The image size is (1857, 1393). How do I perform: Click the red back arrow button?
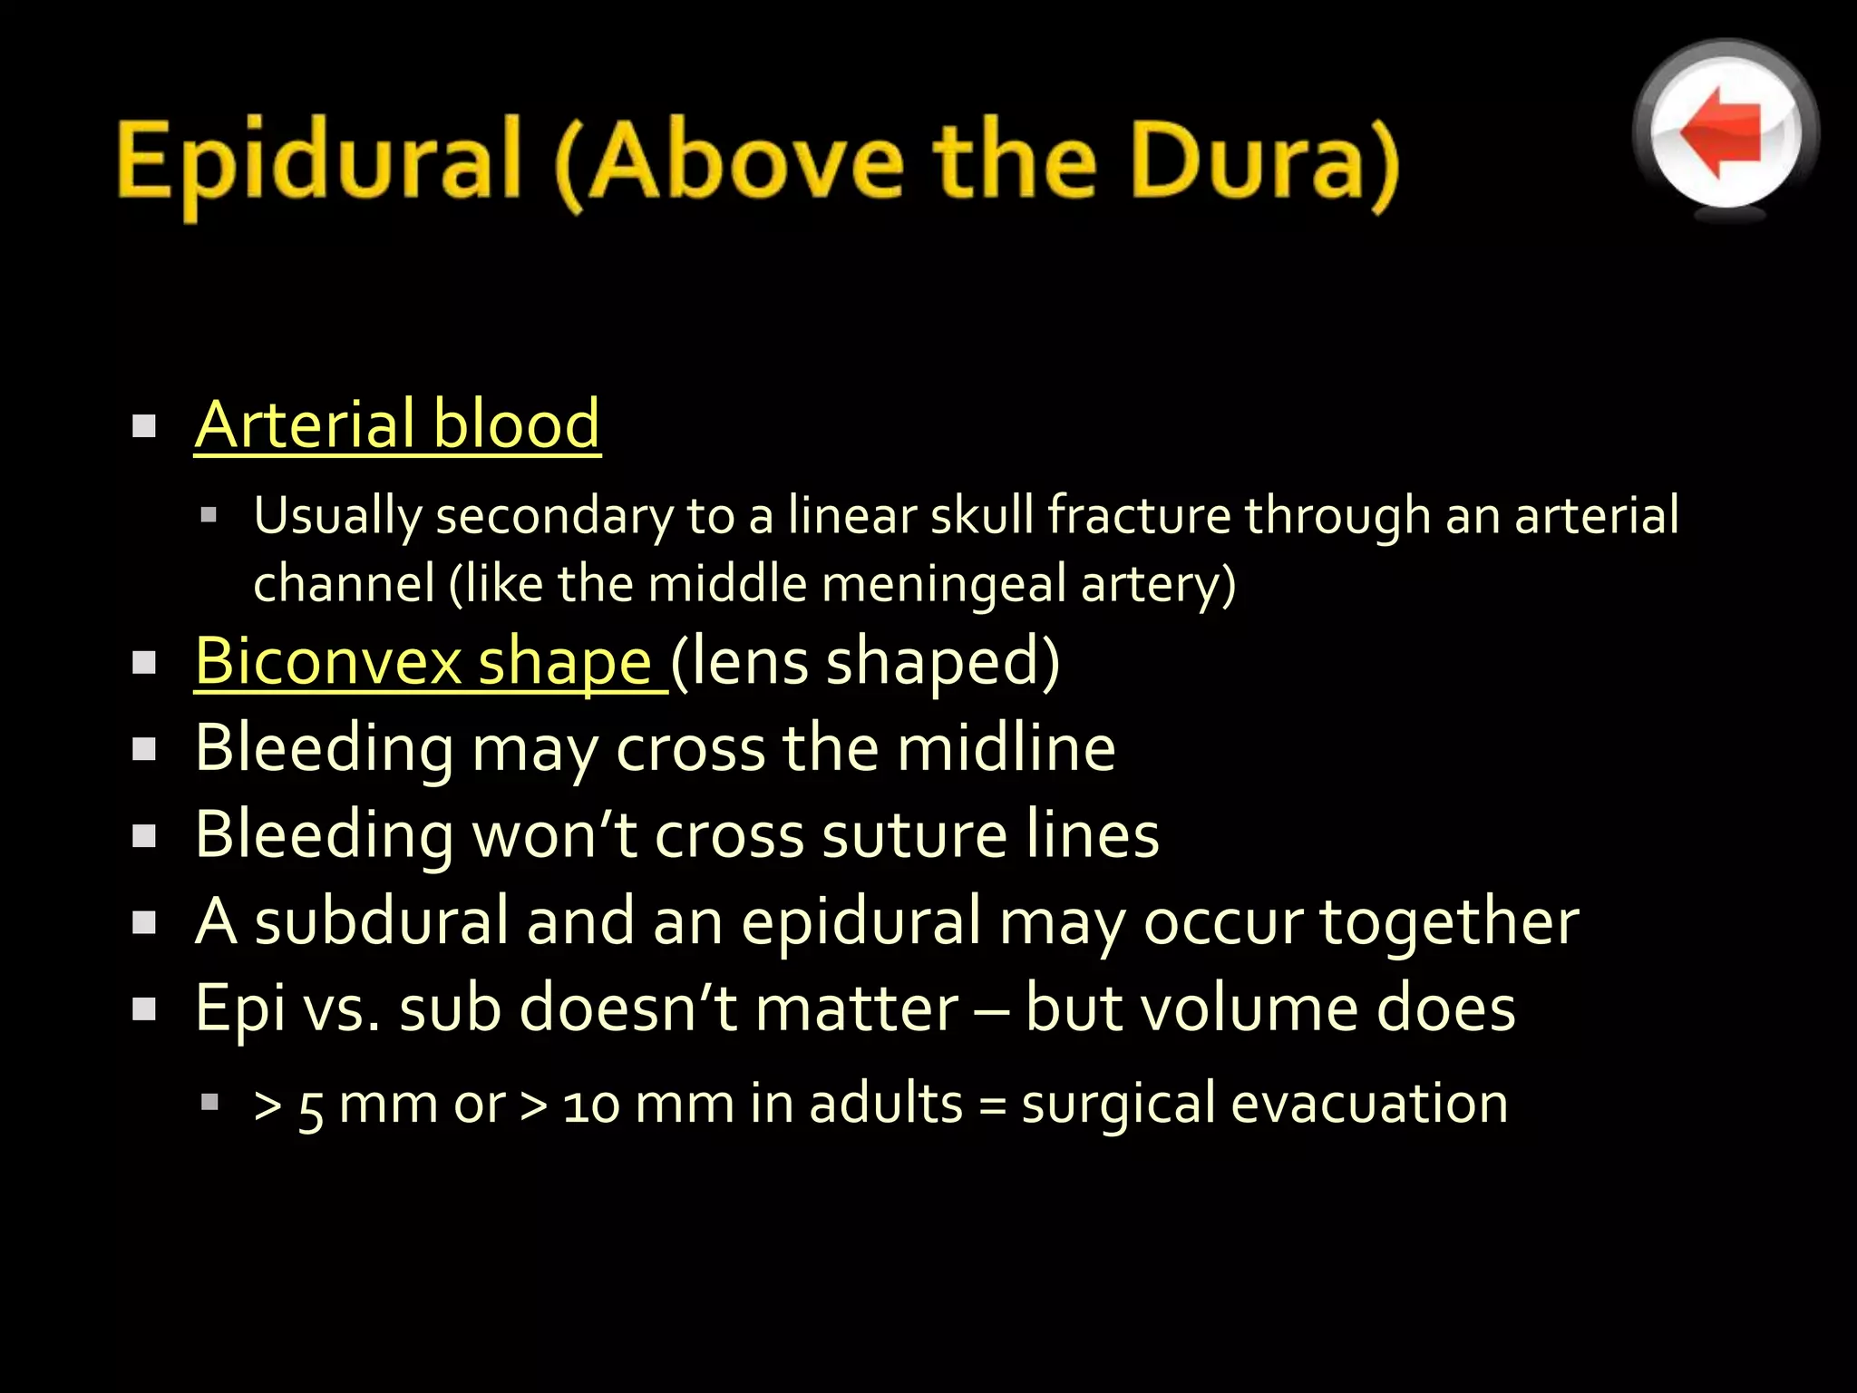coord(1725,132)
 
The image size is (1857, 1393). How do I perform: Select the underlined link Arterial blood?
coord(397,424)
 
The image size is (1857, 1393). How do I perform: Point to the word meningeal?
coord(943,583)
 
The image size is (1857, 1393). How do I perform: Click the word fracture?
coord(1139,516)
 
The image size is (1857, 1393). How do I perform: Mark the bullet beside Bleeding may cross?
coord(144,750)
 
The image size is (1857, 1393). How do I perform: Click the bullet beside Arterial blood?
coord(144,426)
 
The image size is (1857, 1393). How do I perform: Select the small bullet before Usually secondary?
coord(209,516)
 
